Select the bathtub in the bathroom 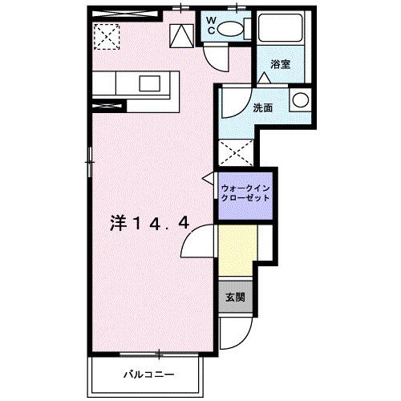(x=282, y=31)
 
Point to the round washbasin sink (x=300, y=101)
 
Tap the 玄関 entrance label (x=235, y=298)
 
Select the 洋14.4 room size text (x=149, y=224)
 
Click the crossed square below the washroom (x=237, y=151)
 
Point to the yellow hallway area (x=237, y=249)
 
